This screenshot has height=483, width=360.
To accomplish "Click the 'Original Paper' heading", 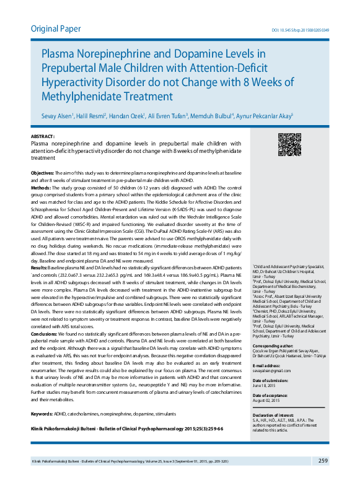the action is pos(55,28).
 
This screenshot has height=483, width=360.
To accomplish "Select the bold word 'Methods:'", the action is pos(40,187).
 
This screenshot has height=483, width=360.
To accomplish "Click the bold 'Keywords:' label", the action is pos(42,413).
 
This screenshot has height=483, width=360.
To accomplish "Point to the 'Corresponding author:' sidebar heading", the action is pos(271,344).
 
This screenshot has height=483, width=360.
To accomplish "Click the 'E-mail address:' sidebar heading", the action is pos(266,365).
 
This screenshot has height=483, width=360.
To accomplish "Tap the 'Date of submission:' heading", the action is pos(270,380).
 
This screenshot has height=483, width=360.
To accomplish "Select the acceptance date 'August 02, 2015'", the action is pos(266,399).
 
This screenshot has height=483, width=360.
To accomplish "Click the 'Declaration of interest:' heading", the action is pos(272,414).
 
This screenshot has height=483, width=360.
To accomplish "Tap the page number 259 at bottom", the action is pos(323,460).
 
